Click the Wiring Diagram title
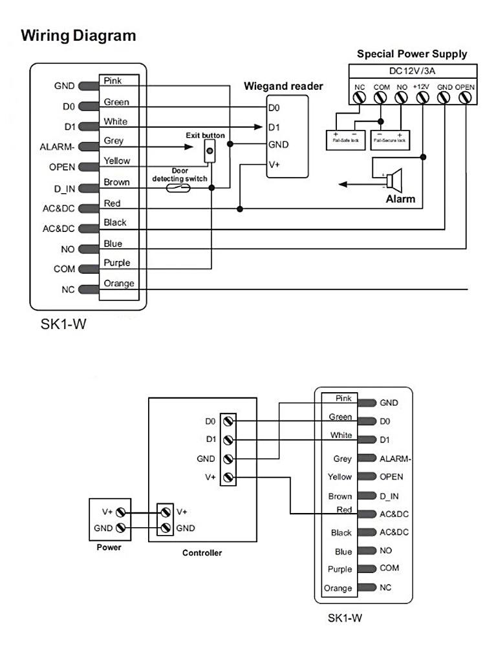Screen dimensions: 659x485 [x=78, y=36]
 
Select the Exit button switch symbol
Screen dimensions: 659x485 [x=209, y=151]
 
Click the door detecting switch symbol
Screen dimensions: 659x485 [x=177, y=188]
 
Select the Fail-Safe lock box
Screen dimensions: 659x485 [x=345, y=136]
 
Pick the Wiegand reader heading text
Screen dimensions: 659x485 [x=283, y=87]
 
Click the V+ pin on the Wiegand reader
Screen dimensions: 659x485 [x=274, y=164]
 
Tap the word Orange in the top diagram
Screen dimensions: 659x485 [x=119, y=283]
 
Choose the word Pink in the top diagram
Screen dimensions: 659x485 [x=113, y=81]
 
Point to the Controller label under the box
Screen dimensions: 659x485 [x=202, y=553]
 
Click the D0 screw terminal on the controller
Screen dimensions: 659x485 [x=228, y=421]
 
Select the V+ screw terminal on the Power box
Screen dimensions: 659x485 [x=120, y=511]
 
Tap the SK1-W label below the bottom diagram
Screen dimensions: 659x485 [x=345, y=618]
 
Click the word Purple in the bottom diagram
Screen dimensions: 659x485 [x=340, y=569]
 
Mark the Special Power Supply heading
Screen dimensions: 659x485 [x=411, y=54]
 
